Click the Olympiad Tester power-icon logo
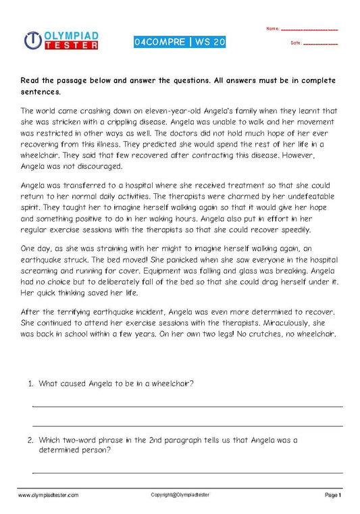tap(34, 41)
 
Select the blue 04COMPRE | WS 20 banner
tap(180, 42)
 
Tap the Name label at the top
tap(273, 29)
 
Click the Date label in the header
tap(296, 43)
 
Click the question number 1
tap(30, 384)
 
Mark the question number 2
tap(30, 440)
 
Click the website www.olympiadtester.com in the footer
tap(48, 496)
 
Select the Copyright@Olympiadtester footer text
tap(180, 495)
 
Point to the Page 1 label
tap(333, 496)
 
